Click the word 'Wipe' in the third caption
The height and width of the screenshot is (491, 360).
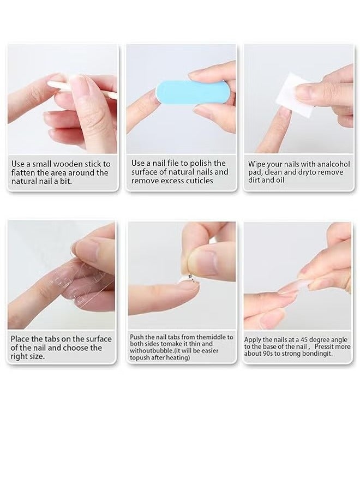(x=258, y=164)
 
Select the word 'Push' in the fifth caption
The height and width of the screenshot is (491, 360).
(x=137, y=337)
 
